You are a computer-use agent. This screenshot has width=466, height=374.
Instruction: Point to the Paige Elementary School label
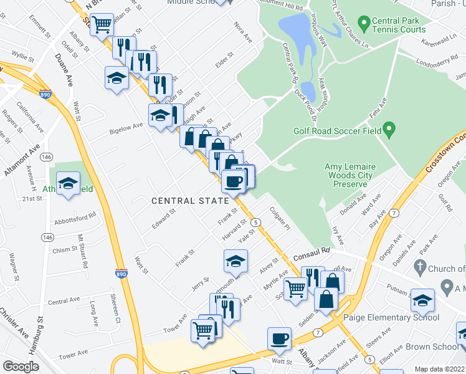tap(391, 317)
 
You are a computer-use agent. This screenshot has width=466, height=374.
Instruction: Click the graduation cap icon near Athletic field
tap(68, 183)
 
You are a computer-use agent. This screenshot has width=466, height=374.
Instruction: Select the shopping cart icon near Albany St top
tap(101, 24)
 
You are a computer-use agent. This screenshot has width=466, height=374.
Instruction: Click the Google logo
tap(21, 367)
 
